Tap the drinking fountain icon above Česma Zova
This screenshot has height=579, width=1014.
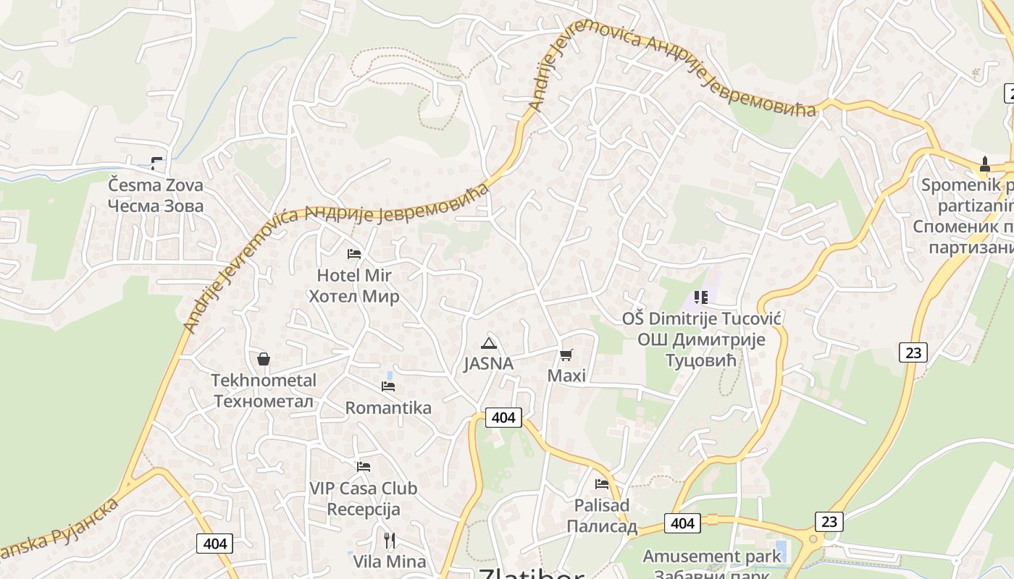pyautogui.click(x=156, y=164)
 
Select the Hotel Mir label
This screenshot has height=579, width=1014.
pyautogui.click(x=354, y=286)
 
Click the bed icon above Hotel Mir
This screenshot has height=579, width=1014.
pyautogui.click(x=354, y=254)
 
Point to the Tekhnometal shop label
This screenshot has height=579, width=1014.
pyautogui.click(x=264, y=391)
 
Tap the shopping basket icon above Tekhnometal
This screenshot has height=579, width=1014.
pyautogui.click(x=264, y=359)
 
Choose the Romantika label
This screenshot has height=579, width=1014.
pyautogui.click(x=388, y=408)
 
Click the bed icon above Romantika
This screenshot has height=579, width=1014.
pyautogui.click(x=388, y=386)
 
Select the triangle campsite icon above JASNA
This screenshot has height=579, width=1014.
pyautogui.click(x=489, y=343)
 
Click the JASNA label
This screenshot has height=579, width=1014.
pyautogui.click(x=489, y=363)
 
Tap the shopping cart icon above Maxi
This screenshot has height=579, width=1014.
pyautogui.click(x=566, y=355)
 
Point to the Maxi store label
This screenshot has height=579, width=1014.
pyautogui.click(x=566, y=376)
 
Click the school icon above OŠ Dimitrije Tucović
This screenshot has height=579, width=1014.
pyautogui.click(x=700, y=297)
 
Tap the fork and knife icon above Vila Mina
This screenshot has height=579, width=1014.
pyautogui.click(x=390, y=540)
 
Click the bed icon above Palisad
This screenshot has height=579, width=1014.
pyautogui.click(x=602, y=484)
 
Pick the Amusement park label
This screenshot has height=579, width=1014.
pyautogui.click(x=713, y=557)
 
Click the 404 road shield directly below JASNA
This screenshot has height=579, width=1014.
pyautogui.click(x=503, y=418)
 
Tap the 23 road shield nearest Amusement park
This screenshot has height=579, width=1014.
pyautogui.click(x=829, y=522)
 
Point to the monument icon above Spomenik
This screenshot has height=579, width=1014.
pyautogui.click(x=985, y=164)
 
